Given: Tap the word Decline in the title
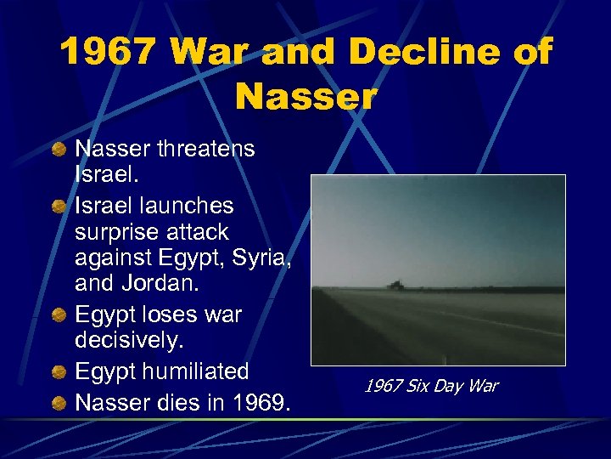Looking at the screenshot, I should click(x=401, y=54).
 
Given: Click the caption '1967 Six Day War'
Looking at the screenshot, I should click(x=430, y=387).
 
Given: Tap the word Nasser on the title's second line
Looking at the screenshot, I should click(x=305, y=94).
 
